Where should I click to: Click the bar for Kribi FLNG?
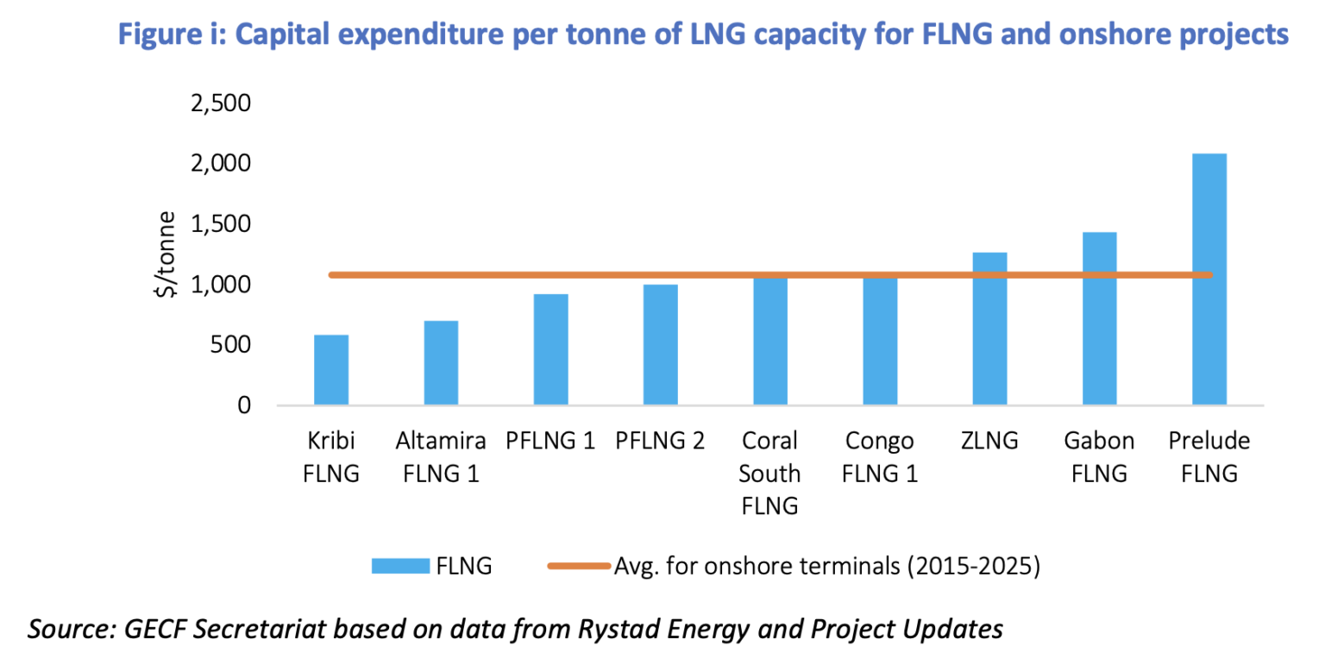click(331, 370)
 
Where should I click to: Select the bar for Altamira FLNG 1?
click(441, 363)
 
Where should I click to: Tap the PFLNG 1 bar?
click(550, 349)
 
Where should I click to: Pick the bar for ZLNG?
click(989, 329)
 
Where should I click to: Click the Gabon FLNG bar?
click(1099, 318)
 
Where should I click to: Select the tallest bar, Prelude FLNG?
click(1209, 279)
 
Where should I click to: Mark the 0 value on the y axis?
click(243, 405)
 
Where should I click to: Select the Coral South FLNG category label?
click(769, 473)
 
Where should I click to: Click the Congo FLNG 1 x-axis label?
click(879, 457)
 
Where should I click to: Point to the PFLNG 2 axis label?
click(660, 442)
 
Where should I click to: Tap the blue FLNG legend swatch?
click(400, 566)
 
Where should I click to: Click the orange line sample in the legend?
click(579, 566)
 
